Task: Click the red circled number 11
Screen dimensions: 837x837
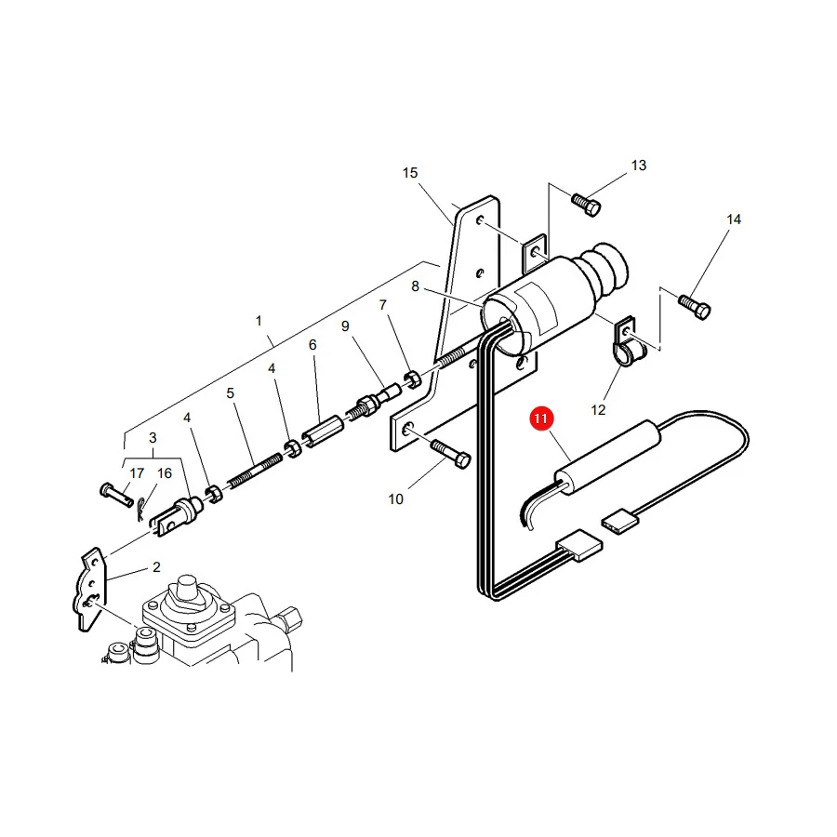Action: point(540,418)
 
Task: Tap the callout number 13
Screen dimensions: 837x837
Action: point(638,166)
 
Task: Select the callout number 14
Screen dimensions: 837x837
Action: point(734,219)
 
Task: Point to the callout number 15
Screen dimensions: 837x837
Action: point(410,173)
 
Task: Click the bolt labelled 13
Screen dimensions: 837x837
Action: point(586,205)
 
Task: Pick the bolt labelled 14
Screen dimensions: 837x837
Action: point(694,306)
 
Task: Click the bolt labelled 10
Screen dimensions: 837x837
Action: point(450,453)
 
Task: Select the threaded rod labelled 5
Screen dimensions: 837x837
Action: point(255,470)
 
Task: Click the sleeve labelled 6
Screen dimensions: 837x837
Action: point(322,432)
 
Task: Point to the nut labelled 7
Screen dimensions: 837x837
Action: point(413,379)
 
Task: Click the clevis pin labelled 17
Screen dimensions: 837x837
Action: point(116,495)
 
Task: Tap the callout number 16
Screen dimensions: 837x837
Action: point(165,473)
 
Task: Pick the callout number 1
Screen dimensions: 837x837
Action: point(259,321)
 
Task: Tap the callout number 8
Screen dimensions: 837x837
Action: point(416,286)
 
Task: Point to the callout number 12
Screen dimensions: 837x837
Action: point(598,410)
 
